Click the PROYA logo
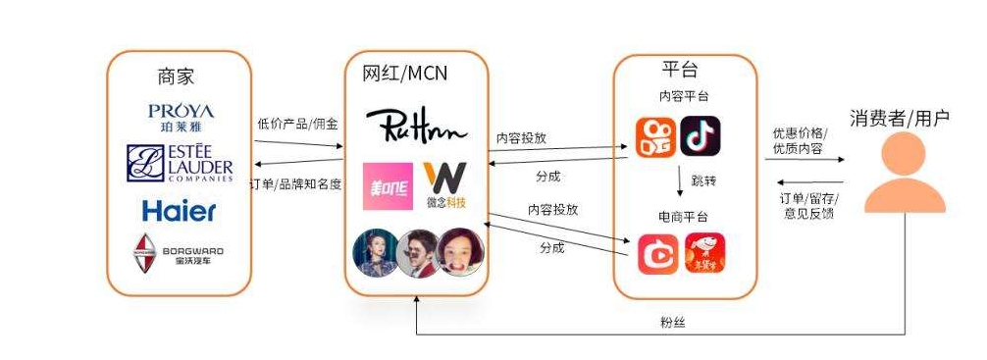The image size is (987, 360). click(x=180, y=117)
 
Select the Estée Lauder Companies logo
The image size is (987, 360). click(x=180, y=163)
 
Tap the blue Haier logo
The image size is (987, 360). click(x=180, y=210)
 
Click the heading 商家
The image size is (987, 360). click(x=177, y=77)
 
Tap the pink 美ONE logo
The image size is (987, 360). click(x=386, y=184)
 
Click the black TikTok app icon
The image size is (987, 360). click(x=701, y=137)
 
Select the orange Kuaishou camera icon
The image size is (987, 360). click(x=654, y=137)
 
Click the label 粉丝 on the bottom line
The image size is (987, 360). click(x=672, y=322)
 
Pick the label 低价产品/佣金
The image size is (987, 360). click(x=297, y=125)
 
